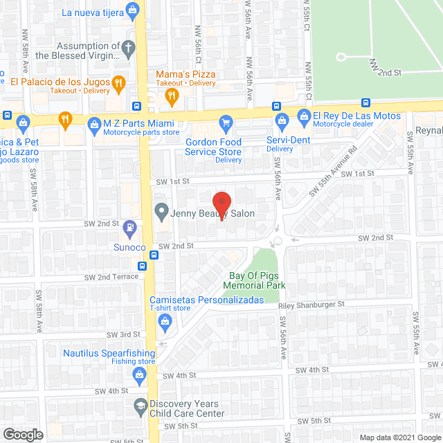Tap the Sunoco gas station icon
[x=129, y=227]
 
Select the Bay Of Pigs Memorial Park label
[x=257, y=280]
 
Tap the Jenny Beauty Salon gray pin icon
[x=161, y=210]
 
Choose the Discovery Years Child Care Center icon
[x=141, y=404]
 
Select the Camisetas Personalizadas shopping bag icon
[x=165, y=320]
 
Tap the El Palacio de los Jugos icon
[x=118, y=83]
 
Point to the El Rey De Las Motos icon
[x=302, y=116]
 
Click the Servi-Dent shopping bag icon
[x=281, y=123]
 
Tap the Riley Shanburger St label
[x=311, y=304]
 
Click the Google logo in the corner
[x=22, y=435]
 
